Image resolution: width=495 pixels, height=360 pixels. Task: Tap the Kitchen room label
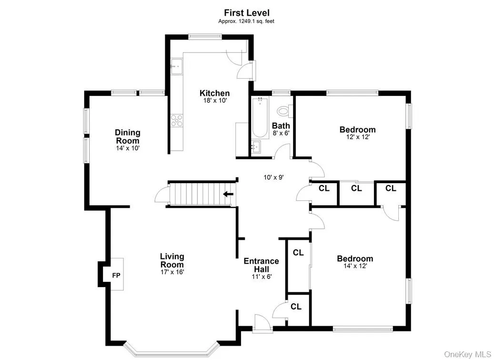214,93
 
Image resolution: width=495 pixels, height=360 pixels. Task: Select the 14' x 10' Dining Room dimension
128,148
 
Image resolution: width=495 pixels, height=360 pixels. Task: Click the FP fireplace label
116,275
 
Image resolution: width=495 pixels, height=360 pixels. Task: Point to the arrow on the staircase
229,194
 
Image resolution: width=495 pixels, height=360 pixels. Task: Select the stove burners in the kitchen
177,121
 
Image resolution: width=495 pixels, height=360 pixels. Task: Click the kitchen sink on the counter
177,66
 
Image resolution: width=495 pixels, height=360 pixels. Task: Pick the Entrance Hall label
261,265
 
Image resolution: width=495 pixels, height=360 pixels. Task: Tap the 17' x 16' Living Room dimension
172,272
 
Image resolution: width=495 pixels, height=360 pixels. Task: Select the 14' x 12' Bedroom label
355,259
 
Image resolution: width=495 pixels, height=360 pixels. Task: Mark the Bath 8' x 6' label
281,129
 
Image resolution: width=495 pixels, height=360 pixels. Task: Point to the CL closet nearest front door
296,307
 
